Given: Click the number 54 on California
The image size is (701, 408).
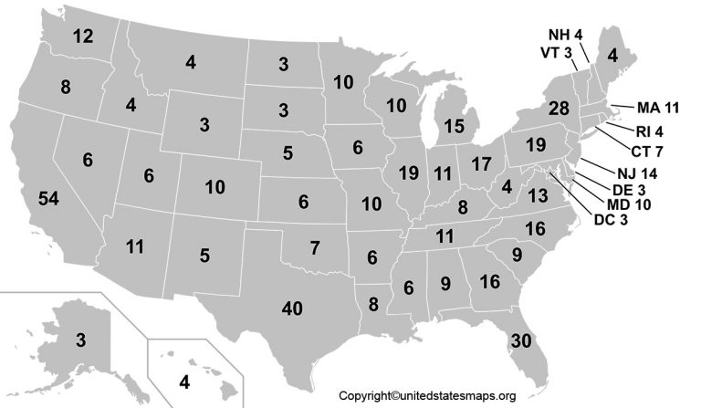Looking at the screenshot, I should (47, 198).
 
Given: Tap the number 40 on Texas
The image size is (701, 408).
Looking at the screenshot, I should (292, 309).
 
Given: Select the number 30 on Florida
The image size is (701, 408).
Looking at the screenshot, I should (522, 340).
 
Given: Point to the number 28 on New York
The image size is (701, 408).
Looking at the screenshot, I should (559, 109).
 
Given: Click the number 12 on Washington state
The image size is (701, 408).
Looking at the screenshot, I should (83, 37).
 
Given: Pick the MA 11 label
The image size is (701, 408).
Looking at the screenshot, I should (656, 108).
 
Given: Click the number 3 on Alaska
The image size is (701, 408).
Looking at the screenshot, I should (80, 340).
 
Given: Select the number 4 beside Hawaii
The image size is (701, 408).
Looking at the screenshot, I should (184, 381).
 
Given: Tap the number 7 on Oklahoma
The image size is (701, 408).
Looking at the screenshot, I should (314, 246).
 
